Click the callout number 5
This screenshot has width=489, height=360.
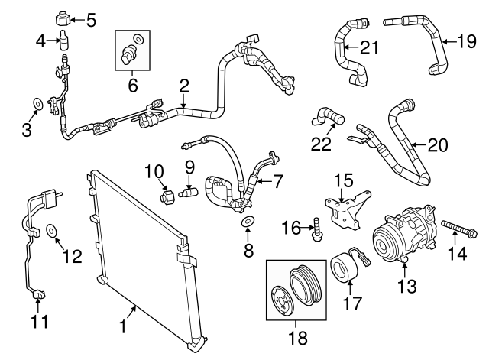[x=92, y=19]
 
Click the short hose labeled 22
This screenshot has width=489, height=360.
[x=327, y=118]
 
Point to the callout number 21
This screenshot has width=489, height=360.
[x=369, y=48]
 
